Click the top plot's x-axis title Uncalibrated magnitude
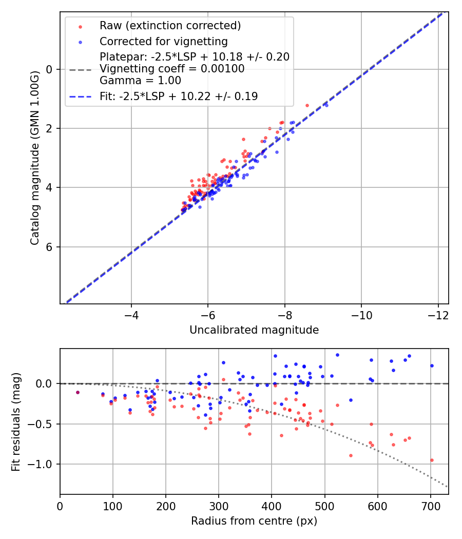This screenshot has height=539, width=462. (x=254, y=330)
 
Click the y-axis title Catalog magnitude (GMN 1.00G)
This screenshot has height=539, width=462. (x=34, y=158)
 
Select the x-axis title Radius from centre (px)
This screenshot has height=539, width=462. (x=254, y=521)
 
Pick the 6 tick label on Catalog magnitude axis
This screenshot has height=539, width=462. (x=50, y=247)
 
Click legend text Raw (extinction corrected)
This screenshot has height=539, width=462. (x=170, y=26)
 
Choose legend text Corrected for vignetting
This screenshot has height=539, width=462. (x=164, y=41)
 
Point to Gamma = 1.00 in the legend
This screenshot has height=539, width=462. (x=140, y=80)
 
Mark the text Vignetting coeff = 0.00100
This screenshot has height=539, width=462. (x=172, y=68)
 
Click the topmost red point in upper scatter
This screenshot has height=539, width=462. (x=307, y=105)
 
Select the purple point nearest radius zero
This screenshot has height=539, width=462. (x=78, y=392)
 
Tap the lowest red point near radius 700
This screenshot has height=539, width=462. (x=432, y=460)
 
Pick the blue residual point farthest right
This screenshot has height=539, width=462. (x=432, y=365)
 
